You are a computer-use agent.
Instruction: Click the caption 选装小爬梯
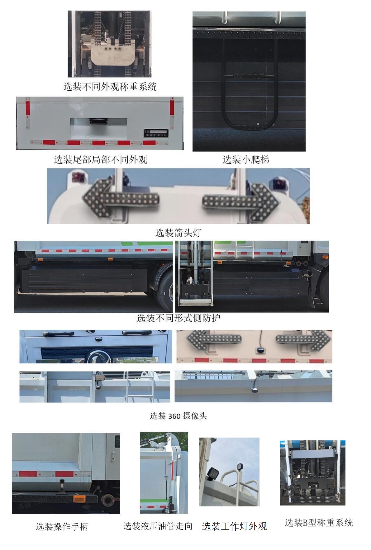(x=246, y=160)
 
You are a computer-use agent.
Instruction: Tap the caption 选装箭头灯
(x=178, y=233)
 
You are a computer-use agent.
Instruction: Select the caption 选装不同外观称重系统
(x=110, y=87)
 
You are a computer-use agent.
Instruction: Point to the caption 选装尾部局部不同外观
(x=100, y=160)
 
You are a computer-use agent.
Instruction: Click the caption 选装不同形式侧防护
(x=178, y=318)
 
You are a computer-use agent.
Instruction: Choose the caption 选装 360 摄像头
(x=178, y=416)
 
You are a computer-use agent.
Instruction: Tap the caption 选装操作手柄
(x=62, y=527)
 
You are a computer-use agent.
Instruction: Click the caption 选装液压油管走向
(x=158, y=526)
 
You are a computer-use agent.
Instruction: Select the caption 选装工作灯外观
(x=234, y=526)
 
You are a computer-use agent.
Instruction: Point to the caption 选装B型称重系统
(x=319, y=523)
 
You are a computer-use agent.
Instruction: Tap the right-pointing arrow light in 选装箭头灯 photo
(x=240, y=200)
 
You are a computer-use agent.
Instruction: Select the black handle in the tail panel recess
(x=98, y=121)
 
